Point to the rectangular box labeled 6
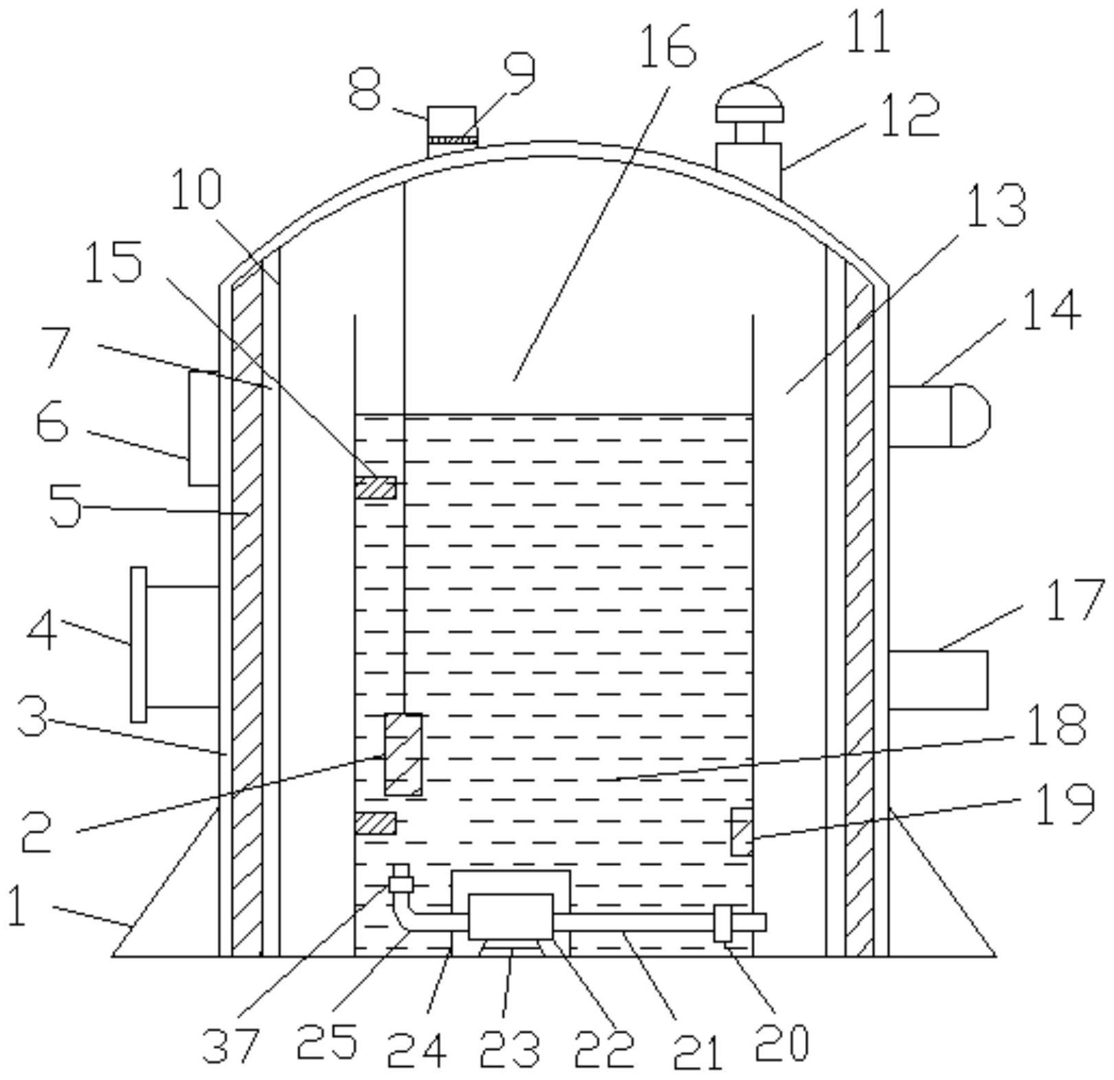tap(204, 429)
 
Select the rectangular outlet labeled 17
tap(938, 680)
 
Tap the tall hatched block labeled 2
tap(403, 755)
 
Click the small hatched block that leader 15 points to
tap(376, 488)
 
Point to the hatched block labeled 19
tap(742, 832)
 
